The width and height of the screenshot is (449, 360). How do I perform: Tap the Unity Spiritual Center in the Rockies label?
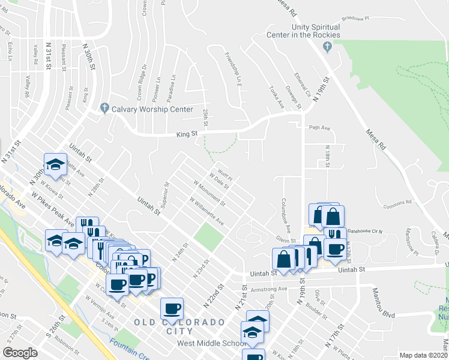(x=316, y=31)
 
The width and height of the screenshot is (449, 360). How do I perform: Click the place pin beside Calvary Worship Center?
(x=104, y=109)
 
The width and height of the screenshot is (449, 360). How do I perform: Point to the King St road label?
(x=187, y=134)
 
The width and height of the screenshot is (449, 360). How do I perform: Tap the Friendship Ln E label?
(x=232, y=70)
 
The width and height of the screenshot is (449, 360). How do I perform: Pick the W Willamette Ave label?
(x=206, y=212)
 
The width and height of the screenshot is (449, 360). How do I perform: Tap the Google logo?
(x=20, y=352)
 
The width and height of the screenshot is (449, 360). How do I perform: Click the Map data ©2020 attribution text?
(x=424, y=355)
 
